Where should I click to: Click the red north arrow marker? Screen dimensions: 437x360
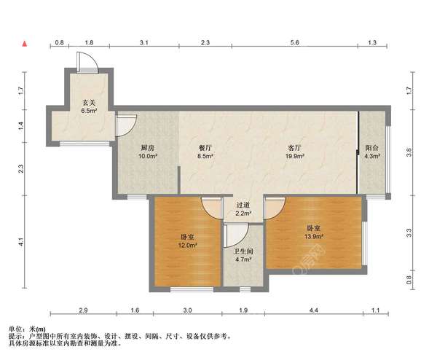(x=25, y=44)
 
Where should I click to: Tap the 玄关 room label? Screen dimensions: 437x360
(x=89, y=103)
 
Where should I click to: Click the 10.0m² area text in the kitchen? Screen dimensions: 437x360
(x=148, y=156)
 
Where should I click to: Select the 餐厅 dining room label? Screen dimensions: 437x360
(x=205, y=147)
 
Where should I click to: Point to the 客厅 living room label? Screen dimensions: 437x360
(x=294, y=147)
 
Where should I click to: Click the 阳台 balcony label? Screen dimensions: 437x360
(x=371, y=147)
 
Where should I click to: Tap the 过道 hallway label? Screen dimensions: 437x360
(x=243, y=206)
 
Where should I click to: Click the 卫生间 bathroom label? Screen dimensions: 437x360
(x=243, y=251)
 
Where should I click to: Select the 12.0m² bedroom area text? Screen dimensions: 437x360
(x=188, y=246)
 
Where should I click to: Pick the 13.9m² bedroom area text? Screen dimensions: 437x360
(x=314, y=237)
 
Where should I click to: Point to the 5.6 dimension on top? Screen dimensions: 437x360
(x=294, y=42)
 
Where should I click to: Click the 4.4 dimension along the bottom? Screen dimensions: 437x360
(x=313, y=310)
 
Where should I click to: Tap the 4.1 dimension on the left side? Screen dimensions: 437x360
(x=21, y=241)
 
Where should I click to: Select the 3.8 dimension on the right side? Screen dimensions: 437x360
(x=409, y=152)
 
